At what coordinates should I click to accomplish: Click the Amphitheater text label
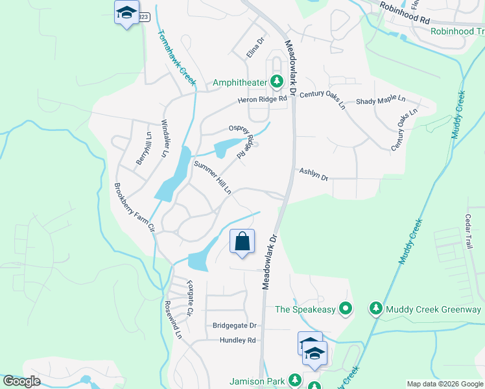[x=240, y=82]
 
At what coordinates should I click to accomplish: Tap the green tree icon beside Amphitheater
[x=278, y=82]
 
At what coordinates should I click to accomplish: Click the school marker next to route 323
[x=127, y=12]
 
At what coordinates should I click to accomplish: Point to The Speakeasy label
[x=305, y=309]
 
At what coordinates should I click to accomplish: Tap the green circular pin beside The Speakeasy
[x=346, y=309]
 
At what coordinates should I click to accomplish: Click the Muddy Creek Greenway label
[x=433, y=309]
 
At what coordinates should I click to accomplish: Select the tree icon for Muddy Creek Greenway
[x=375, y=309]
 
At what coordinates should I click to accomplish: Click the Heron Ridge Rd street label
[x=262, y=99]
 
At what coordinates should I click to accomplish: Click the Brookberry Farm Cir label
[x=134, y=208]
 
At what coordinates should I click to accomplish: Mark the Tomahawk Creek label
[x=176, y=57]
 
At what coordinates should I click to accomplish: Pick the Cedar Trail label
[x=469, y=232]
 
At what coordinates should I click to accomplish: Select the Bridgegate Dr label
[x=235, y=325]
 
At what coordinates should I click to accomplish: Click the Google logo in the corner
[x=22, y=381]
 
